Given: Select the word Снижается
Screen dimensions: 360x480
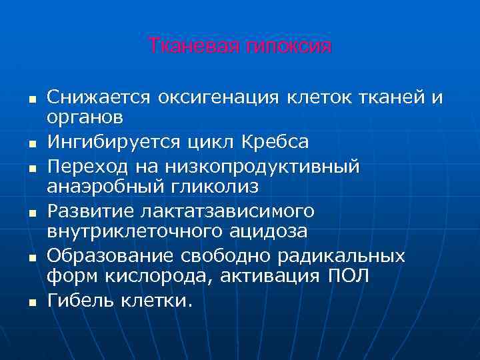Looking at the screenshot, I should click(x=98, y=99).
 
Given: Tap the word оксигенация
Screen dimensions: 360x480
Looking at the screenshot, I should click(x=218, y=99).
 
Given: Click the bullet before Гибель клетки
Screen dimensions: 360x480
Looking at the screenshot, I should click(x=31, y=302).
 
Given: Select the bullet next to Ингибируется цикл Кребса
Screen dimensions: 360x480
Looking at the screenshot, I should click(x=31, y=143).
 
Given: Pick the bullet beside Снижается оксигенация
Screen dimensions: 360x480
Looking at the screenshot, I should click(x=31, y=99).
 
